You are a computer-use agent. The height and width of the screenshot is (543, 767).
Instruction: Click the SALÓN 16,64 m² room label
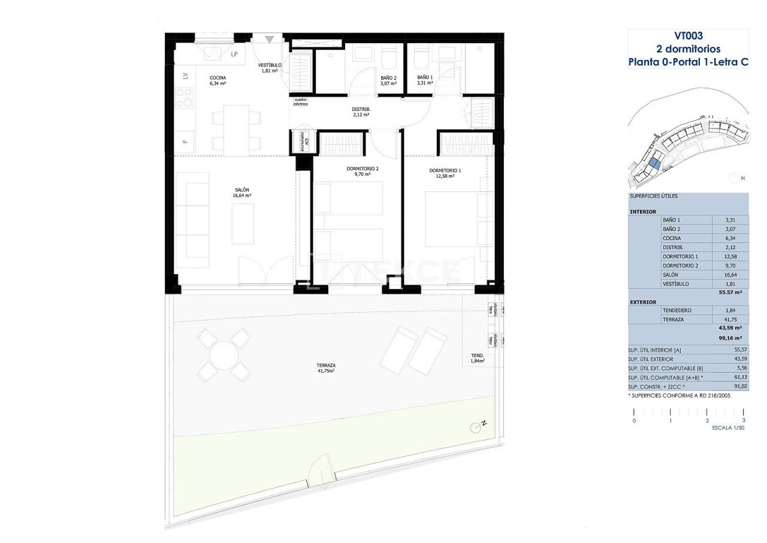[241, 192]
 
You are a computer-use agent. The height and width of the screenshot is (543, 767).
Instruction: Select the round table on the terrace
[224, 355]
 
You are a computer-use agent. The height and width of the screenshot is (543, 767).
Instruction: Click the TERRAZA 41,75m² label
[326, 368]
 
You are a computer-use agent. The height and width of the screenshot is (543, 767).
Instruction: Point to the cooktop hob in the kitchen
[185, 98]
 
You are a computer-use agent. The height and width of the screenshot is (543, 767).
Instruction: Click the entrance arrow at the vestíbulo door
[270, 40]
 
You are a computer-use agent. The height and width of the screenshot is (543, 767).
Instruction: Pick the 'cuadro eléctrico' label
[300, 101]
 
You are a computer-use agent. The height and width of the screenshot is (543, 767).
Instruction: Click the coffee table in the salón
[243, 223]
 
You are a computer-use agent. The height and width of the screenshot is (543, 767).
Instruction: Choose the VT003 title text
[688, 36]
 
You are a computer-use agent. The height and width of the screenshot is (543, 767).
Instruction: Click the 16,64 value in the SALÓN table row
[730, 274]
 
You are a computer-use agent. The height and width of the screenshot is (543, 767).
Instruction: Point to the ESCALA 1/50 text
[727, 428]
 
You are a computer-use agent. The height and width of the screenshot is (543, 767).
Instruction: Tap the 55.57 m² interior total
[730, 292]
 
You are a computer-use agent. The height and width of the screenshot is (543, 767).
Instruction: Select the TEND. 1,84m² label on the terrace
[477, 358]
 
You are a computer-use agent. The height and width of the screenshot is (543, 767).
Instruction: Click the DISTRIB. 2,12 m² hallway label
[361, 112]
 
